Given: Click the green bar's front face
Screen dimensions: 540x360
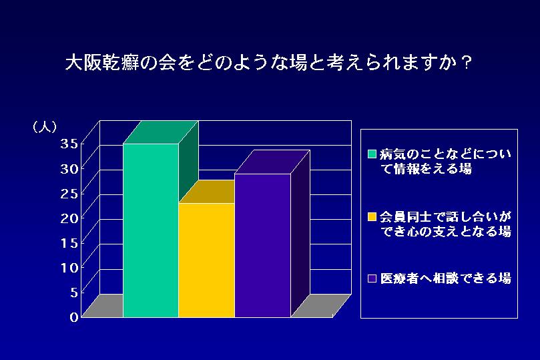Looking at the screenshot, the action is [x=151, y=230].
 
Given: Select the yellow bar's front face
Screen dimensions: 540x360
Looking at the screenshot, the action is [x=207, y=260].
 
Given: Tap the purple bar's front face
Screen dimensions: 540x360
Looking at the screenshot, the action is [x=263, y=245].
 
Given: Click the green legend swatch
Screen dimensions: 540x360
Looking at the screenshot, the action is [x=372, y=154].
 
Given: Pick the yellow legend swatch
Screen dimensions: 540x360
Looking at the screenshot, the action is [x=372, y=216].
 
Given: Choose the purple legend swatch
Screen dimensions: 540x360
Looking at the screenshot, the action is [x=372, y=279].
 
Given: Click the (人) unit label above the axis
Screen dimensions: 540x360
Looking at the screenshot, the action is [x=45, y=127].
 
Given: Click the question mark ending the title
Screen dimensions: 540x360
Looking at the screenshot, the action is [x=467, y=63].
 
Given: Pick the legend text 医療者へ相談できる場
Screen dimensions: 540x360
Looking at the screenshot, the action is [x=446, y=279].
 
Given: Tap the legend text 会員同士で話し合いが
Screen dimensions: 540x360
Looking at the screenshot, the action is [x=446, y=216].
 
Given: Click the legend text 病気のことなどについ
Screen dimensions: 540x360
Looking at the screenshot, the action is [x=446, y=154].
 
